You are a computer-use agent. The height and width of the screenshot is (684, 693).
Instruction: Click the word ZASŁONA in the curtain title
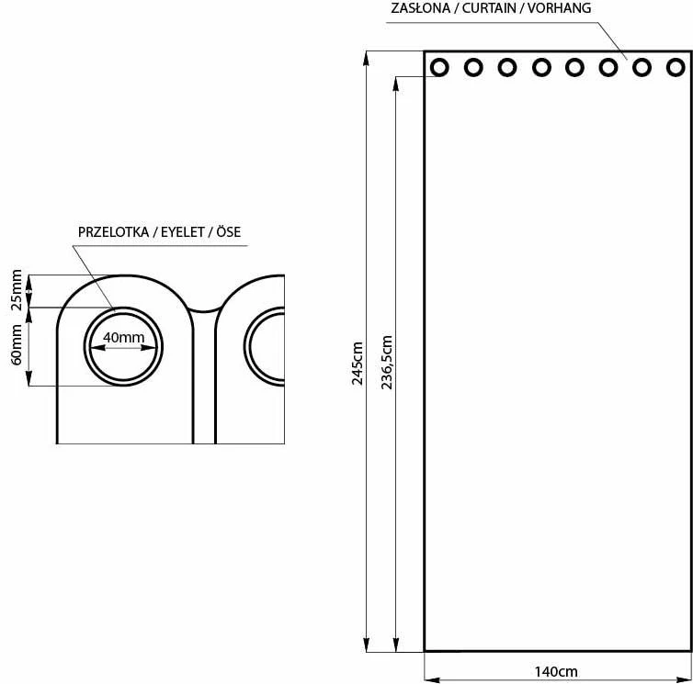click(x=420, y=8)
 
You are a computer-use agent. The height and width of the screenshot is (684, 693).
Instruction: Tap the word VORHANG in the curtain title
click(x=559, y=8)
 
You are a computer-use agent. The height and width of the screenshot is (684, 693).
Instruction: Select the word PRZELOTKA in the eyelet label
click(x=113, y=232)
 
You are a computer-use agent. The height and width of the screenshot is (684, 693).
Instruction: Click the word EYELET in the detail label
click(x=182, y=232)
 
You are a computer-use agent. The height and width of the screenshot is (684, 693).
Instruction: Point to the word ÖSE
click(x=229, y=231)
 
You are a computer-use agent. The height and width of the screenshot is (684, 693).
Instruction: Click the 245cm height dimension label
click(x=358, y=364)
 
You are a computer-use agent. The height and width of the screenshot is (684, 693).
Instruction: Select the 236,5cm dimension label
click(x=387, y=362)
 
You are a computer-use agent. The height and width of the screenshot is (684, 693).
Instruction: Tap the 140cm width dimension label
click(x=556, y=672)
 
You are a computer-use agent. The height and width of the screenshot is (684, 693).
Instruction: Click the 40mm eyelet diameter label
click(x=124, y=337)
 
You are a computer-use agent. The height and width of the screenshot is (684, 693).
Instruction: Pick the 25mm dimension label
click(x=17, y=290)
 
